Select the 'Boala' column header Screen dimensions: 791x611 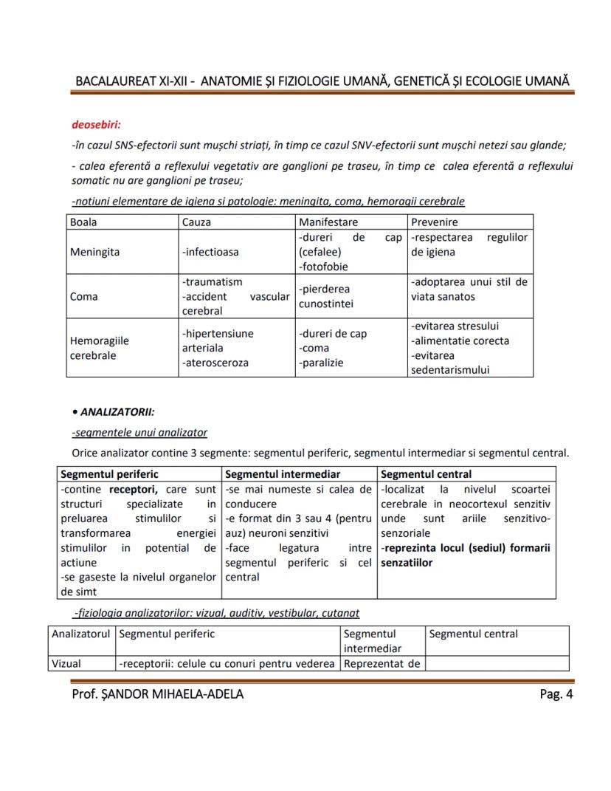coord(83,222)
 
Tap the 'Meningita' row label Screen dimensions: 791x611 coord(94,252)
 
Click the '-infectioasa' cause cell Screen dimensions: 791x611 coord(210,252)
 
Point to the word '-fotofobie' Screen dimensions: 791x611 coord(323,267)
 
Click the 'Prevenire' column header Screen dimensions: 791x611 coord(435,222)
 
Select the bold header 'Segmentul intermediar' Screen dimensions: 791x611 coord(282,474)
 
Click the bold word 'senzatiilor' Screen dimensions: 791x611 coord(407,563)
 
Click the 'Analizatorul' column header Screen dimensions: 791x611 coord(80,634)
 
